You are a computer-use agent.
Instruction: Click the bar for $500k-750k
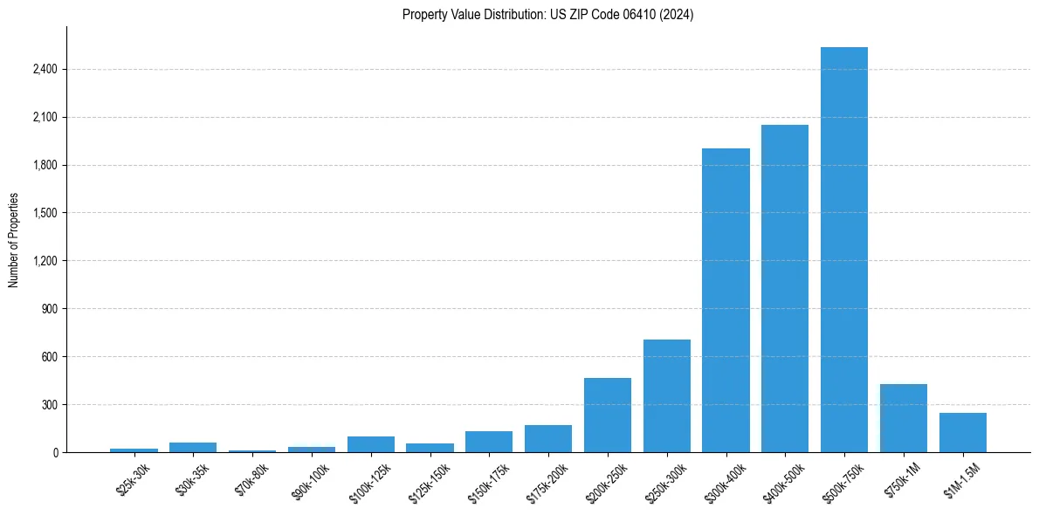pyautogui.click(x=844, y=250)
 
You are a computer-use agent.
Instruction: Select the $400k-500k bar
pyautogui.click(x=785, y=288)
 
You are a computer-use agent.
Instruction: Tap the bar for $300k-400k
pyautogui.click(x=726, y=300)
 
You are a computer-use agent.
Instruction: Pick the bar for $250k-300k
pyautogui.click(x=667, y=395)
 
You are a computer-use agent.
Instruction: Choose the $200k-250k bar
pyautogui.click(x=608, y=415)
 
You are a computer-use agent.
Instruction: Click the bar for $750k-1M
pyautogui.click(x=904, y=418)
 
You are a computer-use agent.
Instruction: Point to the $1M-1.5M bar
pyautogui.click(x=963, y=432)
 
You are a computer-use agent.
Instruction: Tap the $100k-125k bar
pyautogui.click(x=371, y=444)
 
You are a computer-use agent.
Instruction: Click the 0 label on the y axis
pyautogui.click(x=54, y=452)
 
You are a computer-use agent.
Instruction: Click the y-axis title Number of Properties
pyautogui.click(x=13, y=240)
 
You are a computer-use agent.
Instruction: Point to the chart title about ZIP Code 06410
pyautogui.click(x=548, y=15)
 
